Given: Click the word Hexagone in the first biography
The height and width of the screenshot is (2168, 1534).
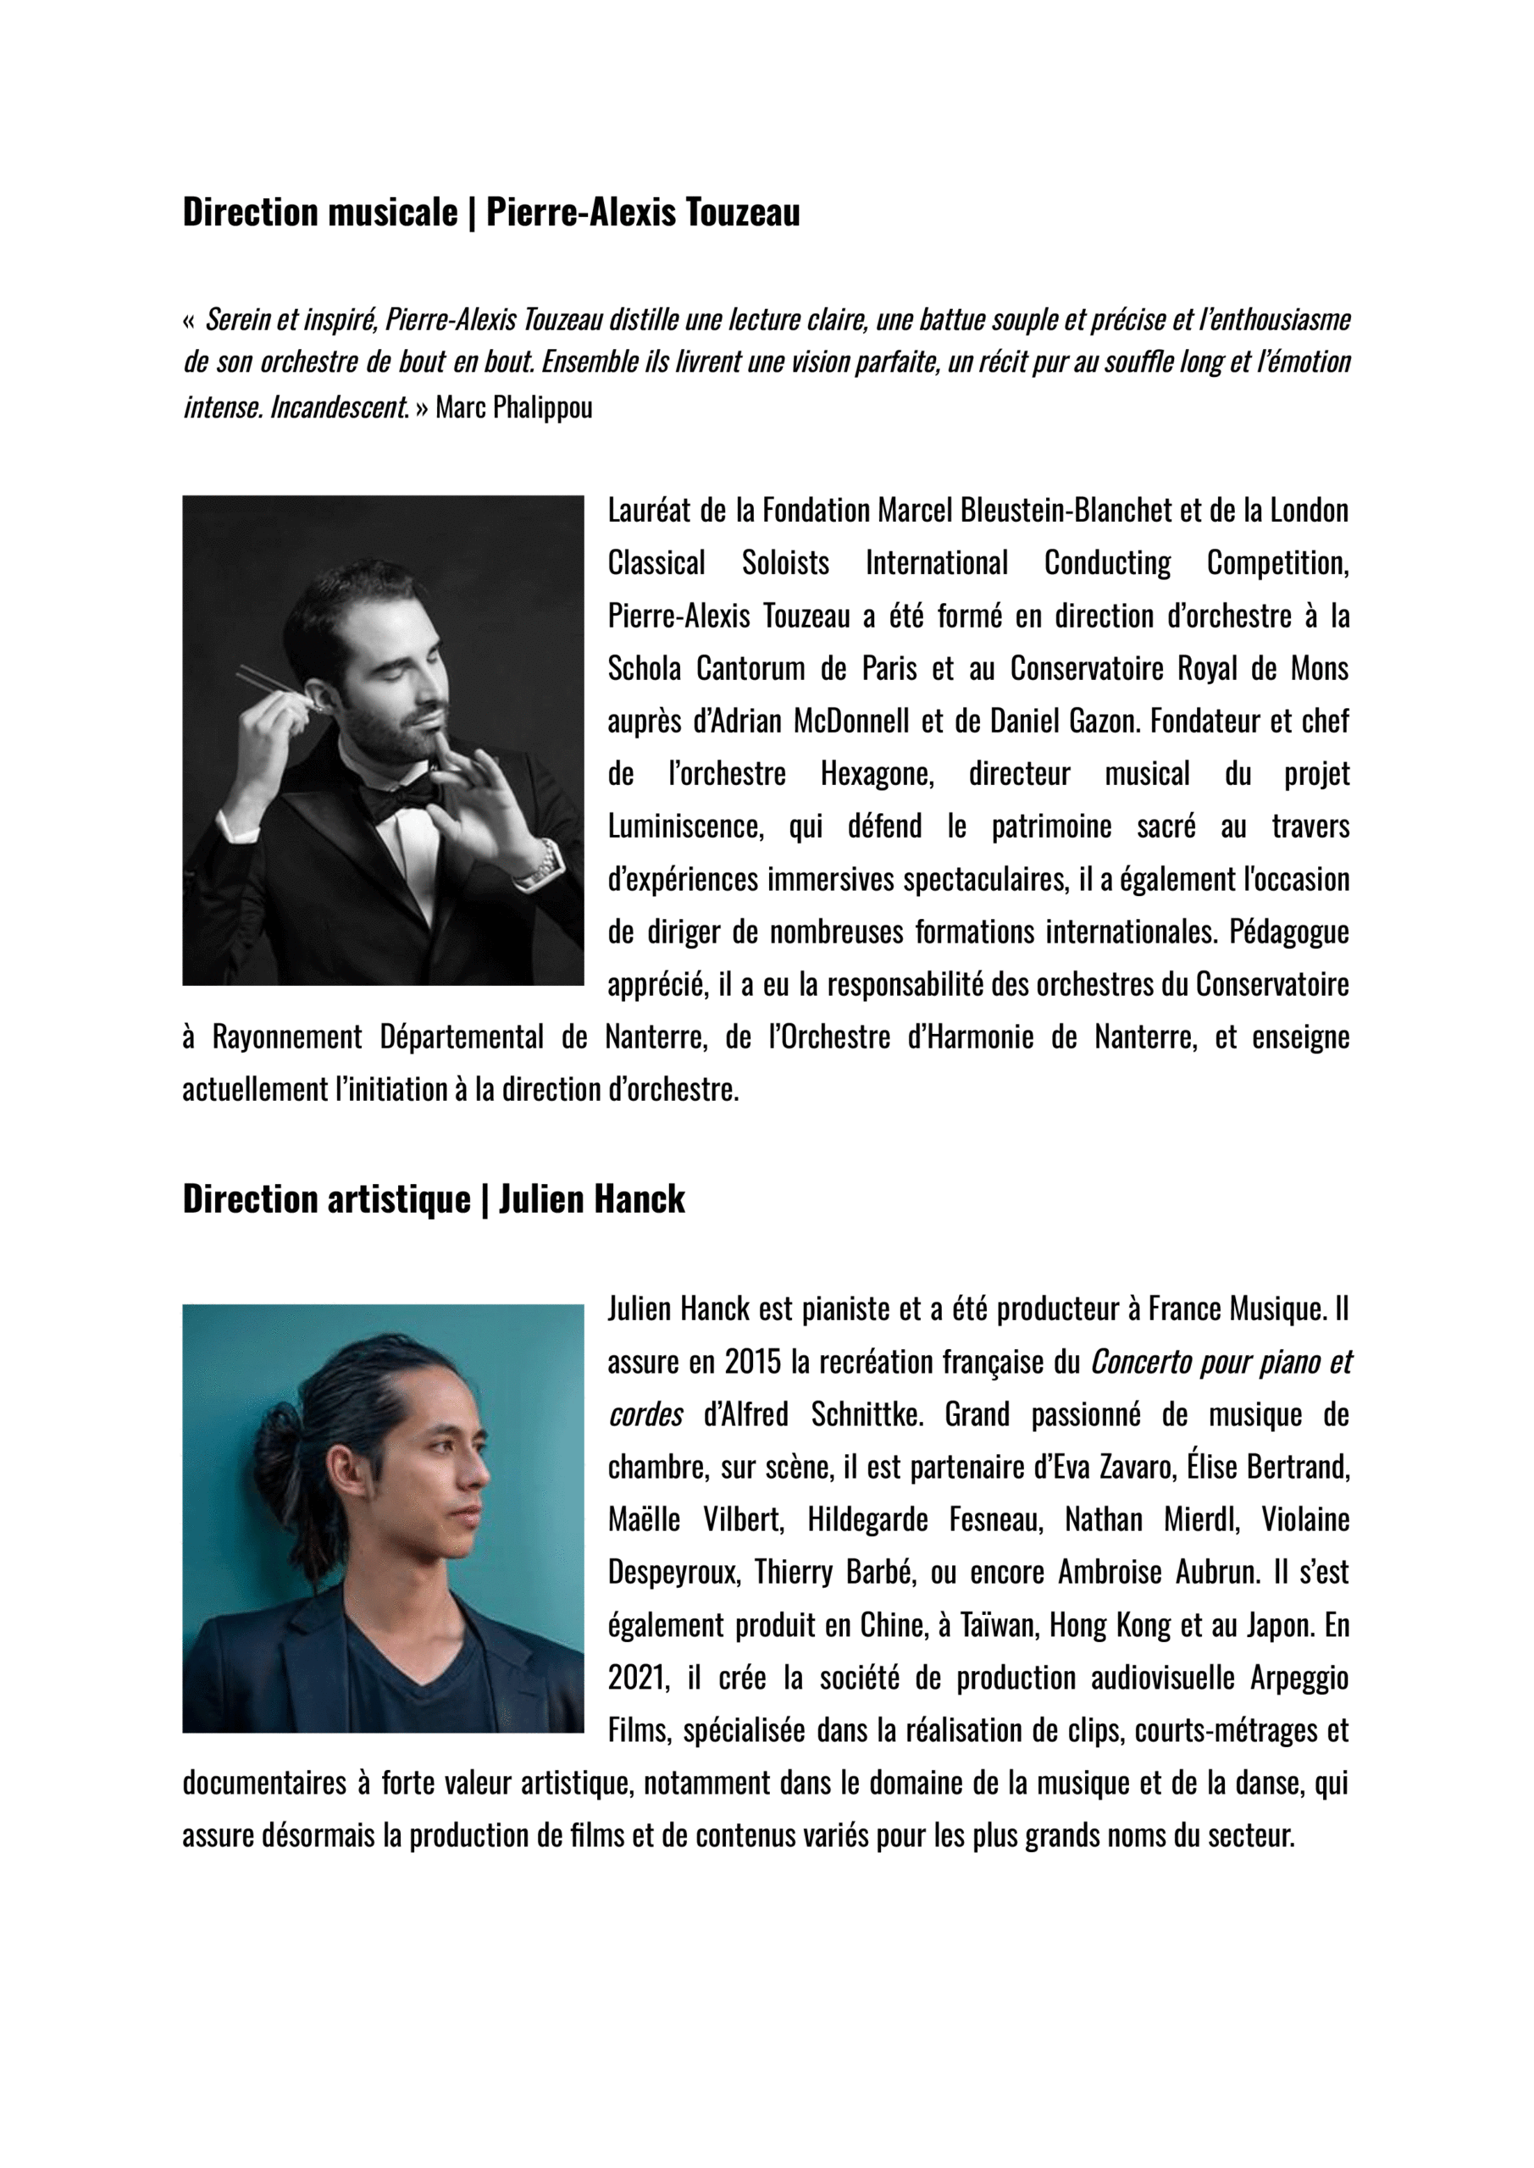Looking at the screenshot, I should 876,774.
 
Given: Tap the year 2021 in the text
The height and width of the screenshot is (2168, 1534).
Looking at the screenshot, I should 638,1678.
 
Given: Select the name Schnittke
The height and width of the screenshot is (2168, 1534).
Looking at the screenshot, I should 863,1414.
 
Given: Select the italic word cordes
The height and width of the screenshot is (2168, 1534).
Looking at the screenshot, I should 645,1414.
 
